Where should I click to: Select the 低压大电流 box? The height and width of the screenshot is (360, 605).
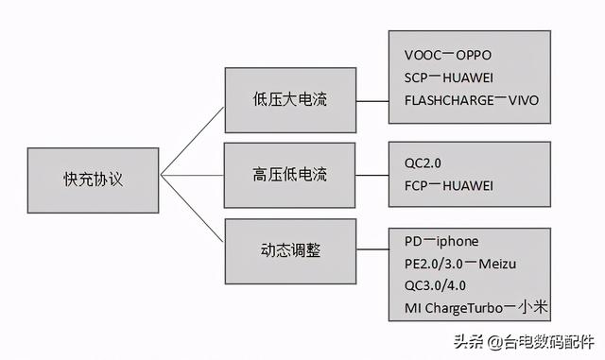pyautogui.click(x=290, y=99)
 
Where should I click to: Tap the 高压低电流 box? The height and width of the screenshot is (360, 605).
pyautogui.click(x=290, y=175)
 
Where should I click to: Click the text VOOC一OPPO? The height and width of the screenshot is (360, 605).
pyautogui.click(x=447, y=55)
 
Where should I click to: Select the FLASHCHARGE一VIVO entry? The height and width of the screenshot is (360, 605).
pyautogui.click(x=470, y=100)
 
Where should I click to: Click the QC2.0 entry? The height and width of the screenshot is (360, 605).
pyautogui.click(x=422, y=163)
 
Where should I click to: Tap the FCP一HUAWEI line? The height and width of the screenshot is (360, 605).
pyautogui.click(x=448, y=186)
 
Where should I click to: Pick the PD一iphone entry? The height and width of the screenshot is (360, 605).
pyautogui.click(x=441, y=241)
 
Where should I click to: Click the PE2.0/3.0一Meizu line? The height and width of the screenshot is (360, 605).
pyautogui.click(x=459, y=263)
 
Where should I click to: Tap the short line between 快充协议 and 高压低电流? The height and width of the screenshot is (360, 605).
pyautogui.click(x=192, y=176)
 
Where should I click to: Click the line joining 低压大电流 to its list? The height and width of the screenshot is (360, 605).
pyautogui.click(x=372, y=99)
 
